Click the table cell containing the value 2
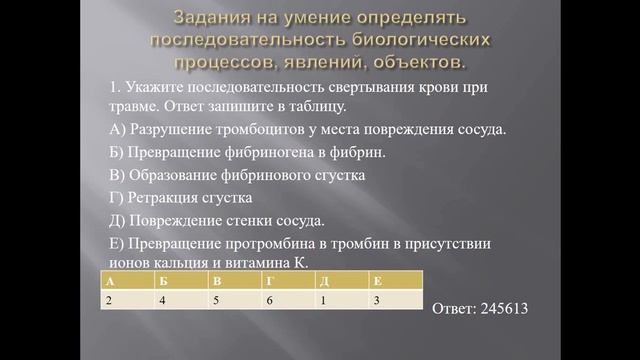(x=128, y=300)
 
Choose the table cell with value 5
(x=236, y=300)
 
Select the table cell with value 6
(x=290, y=300)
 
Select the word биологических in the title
(x=419, y=41)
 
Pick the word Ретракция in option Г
(x=159, y=198)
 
